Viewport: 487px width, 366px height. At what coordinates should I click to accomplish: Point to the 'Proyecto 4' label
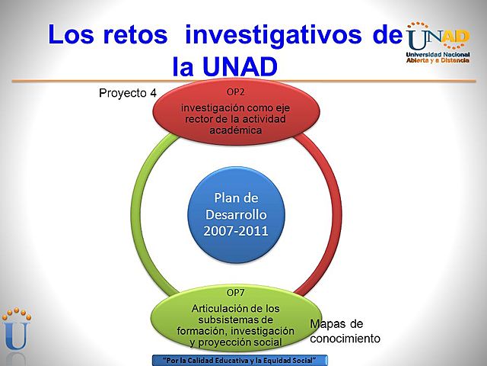[128, 93]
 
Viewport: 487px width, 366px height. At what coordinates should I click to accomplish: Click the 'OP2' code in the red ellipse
[236, 91]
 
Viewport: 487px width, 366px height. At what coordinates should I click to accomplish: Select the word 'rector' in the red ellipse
[196, 119]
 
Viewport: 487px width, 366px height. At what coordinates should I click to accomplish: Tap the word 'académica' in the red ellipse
[236, 130]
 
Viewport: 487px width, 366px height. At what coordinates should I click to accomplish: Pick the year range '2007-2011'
[236, 230]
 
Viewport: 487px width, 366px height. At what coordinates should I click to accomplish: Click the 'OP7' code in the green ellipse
[236, 292]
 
